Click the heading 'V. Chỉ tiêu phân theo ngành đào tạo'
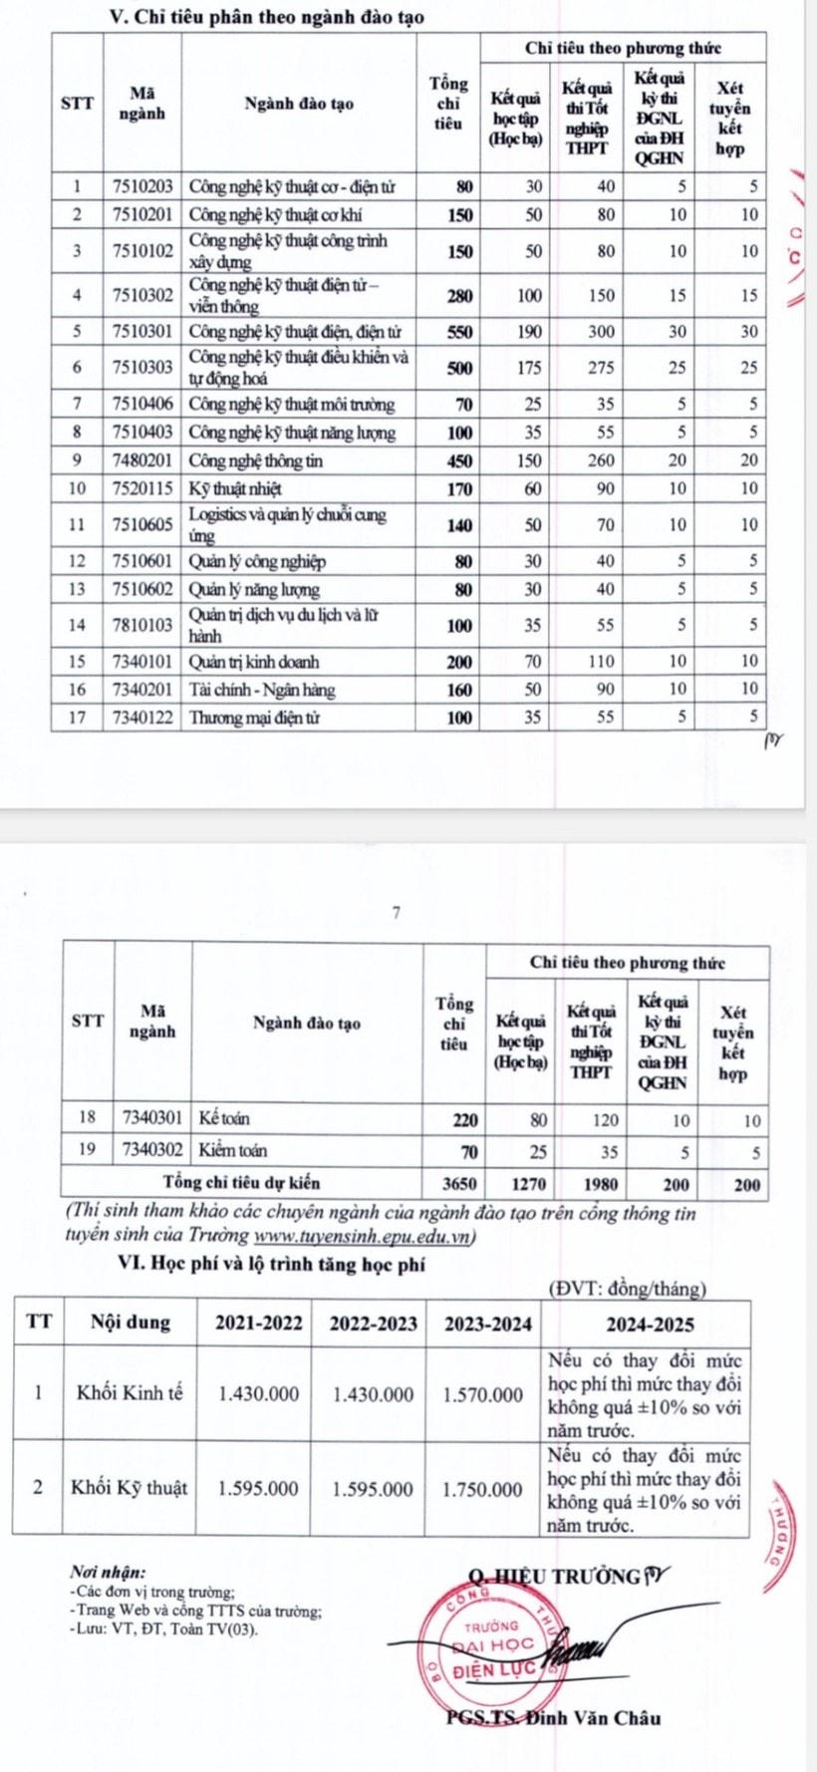264,18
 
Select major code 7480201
143,461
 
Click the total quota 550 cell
459,332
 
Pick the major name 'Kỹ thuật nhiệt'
236,488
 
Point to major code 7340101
143,661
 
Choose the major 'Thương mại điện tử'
254,718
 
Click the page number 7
396,912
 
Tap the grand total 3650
459,1185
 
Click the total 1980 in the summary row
601,1185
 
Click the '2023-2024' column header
488,1324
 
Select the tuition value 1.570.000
483,1394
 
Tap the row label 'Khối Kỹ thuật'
129,1488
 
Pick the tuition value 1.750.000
483,1489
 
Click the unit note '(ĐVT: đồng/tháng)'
628,1290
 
